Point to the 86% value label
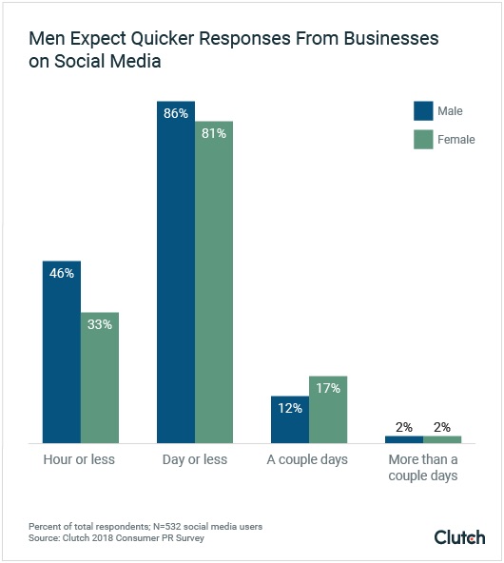coord(176,113)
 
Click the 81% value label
coord(214,134)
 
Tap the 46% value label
coord(62,273)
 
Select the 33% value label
coord(100,324)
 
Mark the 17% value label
coord(328,388)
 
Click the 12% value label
coord(290,408)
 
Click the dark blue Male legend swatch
coord(423,111)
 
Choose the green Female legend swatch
coord(423,140)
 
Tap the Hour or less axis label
coord(81,460)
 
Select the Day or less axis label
coord(195,460)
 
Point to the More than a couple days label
coord(423,468)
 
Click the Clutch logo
coord(459,537)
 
